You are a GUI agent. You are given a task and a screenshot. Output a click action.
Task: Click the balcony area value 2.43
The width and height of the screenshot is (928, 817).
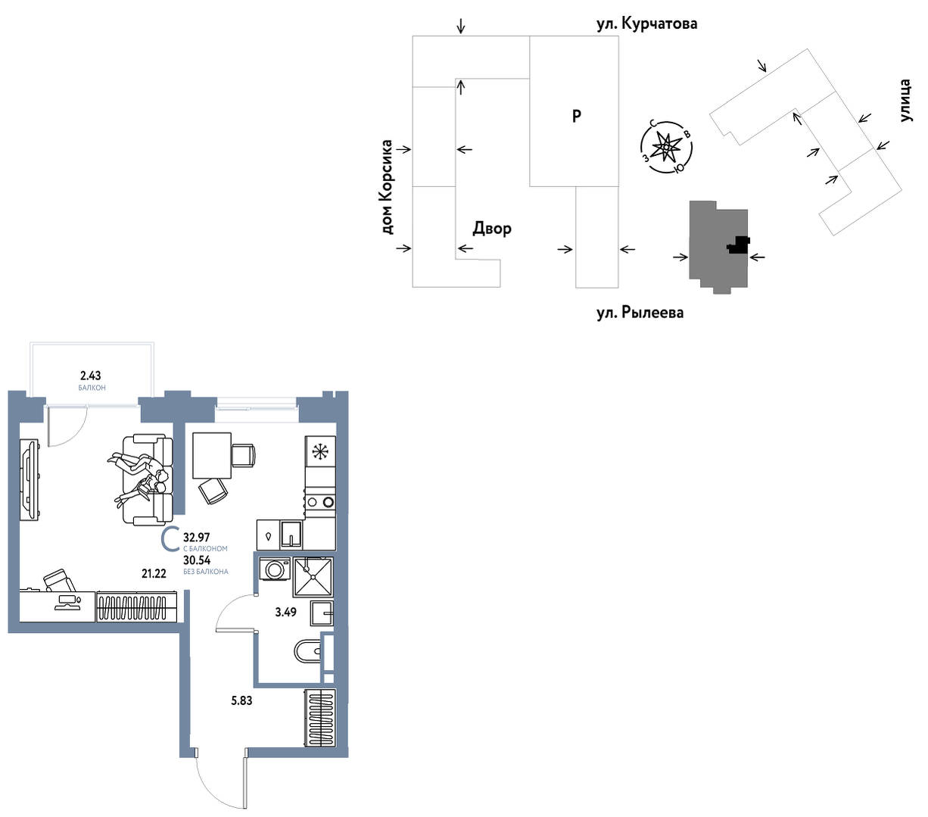click(x=90, y=376)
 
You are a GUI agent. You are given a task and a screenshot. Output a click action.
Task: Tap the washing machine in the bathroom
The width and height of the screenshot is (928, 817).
click(x=274, y=569)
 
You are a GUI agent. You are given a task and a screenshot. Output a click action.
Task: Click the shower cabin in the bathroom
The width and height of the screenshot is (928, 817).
click(x=313, y=578)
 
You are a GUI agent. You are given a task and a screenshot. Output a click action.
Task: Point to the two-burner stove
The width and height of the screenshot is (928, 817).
click(x=320, y=502)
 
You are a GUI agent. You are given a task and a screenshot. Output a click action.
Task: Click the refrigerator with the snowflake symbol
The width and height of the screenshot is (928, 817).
click(x=320, y=451)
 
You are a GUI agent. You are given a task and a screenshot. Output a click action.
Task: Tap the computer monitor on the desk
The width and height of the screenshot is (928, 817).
click(x=67, y=602)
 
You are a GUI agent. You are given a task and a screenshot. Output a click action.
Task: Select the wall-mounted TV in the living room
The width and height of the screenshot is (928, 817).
click(x=30, y=480)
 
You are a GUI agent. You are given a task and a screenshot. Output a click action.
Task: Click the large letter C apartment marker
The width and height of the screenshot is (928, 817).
click(x=170, y=540)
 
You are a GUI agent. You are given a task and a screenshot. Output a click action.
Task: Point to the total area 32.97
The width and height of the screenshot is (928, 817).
click(x=197, y=537)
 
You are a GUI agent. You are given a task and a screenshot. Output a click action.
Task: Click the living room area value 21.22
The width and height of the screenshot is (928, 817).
click(x=154, y=573)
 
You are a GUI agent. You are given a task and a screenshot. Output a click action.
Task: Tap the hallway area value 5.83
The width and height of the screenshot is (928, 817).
click(x=241, y=700)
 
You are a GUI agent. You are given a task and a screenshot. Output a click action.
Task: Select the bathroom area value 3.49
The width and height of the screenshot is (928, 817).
click(x=285, y=612)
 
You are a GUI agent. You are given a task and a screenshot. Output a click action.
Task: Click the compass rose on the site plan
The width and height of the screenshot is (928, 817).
click(x=665, y=148)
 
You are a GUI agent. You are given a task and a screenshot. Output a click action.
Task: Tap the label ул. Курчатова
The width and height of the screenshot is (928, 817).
click(x=646, y=23)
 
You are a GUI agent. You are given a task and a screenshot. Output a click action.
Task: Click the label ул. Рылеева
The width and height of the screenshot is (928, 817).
click(x=640, y=313)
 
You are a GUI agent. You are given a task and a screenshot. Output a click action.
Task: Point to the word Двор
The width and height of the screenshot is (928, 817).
click(x=492, y=228)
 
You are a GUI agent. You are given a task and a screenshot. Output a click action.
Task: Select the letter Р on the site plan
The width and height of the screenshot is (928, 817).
click(x=577, y=116)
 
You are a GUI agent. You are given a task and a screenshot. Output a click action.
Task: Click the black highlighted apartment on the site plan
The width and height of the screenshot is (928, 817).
click(x=738, y=245)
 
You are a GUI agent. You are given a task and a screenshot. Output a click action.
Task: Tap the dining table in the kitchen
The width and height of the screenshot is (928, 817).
click(x=212, y=456)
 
